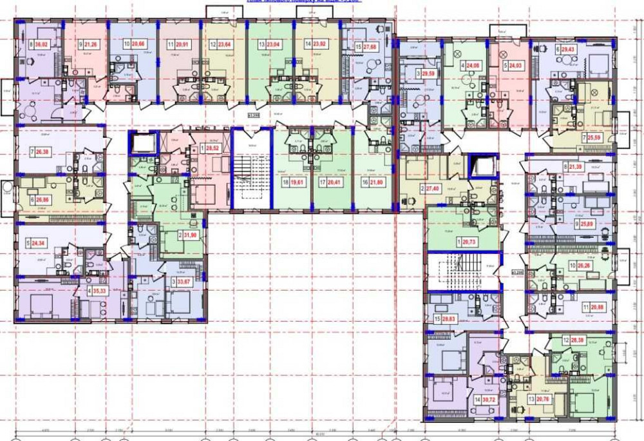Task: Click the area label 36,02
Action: click(x=41, y=45)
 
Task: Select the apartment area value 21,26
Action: click(x=91, y=45)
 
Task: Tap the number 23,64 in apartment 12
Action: click(x=224, y=45)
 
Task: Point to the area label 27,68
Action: click(x=370, y=48)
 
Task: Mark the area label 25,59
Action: click(x=593, y=138)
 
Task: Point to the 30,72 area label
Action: click(x=491, y=400)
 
